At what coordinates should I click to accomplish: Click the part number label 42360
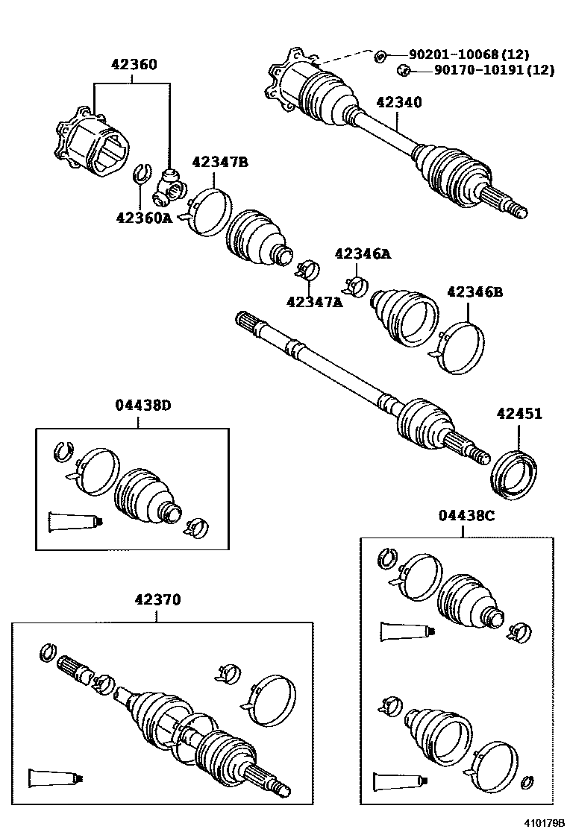click(134, 65)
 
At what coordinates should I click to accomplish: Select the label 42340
click(399, 103)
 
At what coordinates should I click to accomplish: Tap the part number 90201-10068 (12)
click(469, 54)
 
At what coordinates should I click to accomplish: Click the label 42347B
click(220, 162)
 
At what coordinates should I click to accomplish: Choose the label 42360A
click(144, 218)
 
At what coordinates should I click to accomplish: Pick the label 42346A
click(363, 254)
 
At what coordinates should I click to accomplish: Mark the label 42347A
click(314, 302)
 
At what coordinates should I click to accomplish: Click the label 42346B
click(475, 292)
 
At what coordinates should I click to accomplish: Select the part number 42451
click(519, 414)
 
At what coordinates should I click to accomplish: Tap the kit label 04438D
click(142, 406)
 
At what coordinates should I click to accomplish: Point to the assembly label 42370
click(157, 599)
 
